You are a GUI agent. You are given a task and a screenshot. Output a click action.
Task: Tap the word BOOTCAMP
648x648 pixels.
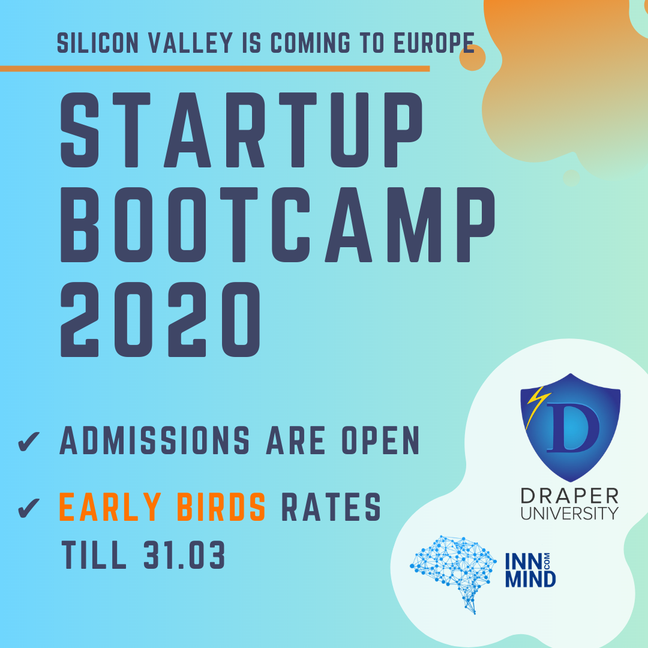pos(277,227)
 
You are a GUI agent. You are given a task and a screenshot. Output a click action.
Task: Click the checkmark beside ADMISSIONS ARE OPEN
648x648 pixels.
pos(28,441)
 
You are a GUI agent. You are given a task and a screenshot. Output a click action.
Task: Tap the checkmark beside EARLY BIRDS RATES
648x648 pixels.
pos(28,507)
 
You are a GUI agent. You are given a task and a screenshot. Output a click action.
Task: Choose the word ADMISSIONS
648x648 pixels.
pos(155,441)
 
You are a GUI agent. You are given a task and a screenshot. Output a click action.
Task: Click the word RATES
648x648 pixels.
pos(331,507)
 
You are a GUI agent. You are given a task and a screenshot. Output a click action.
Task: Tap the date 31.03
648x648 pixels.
pos(184,556)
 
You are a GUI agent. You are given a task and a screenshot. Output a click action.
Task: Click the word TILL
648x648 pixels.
pos(94,556)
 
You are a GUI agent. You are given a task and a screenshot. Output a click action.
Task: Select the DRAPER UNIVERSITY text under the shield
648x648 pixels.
pos(569,504)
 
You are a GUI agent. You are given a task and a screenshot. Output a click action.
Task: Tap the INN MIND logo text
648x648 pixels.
pos(532,571)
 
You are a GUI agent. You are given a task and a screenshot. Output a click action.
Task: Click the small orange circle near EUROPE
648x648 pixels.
pos(472,57)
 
